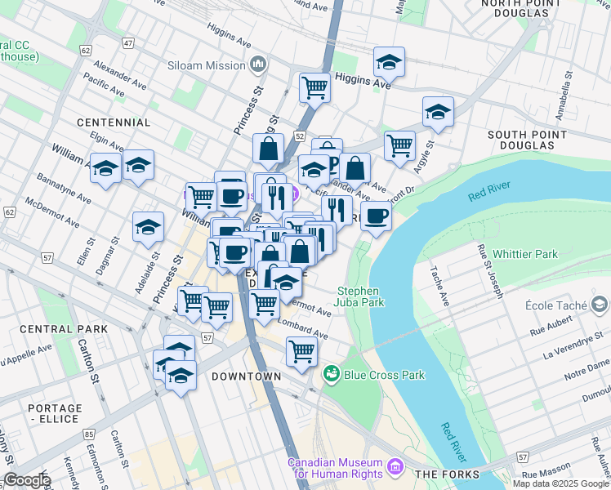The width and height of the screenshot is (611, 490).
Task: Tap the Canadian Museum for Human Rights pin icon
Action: [x=396, y=468]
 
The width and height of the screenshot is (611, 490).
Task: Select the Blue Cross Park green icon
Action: [x=332, y=374]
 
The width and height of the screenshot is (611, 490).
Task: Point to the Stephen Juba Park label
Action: [x=361, y=296]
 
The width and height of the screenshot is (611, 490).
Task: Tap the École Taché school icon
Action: [x=600, y=305]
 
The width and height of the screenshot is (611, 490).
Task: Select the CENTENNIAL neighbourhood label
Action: [x=114, y=122]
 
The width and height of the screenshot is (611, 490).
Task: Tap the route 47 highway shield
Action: [x=128, y=42]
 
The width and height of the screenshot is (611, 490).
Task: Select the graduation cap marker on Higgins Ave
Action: [x=390, y=61]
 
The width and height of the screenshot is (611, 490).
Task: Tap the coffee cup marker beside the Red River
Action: [x=376, y=216]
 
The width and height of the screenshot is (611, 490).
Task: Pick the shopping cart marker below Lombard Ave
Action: [x=301, y=351]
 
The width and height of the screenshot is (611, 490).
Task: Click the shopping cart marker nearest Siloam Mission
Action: [x=314, y=86]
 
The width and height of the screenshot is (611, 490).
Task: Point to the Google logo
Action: [x=27, y=480]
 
